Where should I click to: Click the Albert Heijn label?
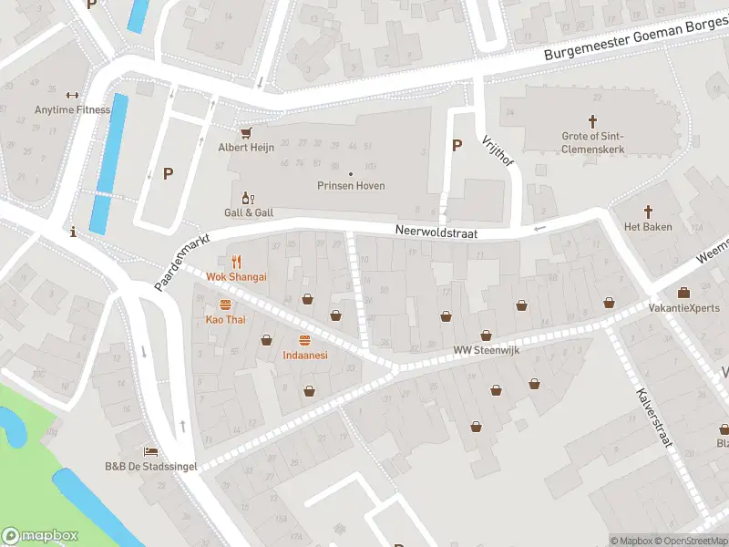246,147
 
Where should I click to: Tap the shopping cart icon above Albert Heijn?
246,132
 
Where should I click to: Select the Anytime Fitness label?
72,110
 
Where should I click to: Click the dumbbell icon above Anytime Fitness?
72,95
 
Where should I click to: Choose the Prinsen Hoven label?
351,186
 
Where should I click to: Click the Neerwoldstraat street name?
436,232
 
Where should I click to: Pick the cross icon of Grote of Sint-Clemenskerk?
592,120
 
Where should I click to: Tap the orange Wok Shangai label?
236,276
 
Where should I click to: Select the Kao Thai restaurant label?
225,319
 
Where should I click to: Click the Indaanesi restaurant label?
304,355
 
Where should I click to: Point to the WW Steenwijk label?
486,350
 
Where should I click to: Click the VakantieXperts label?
683,308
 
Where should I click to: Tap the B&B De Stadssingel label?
150,466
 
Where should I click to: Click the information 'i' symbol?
73,233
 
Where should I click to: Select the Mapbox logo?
40,536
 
